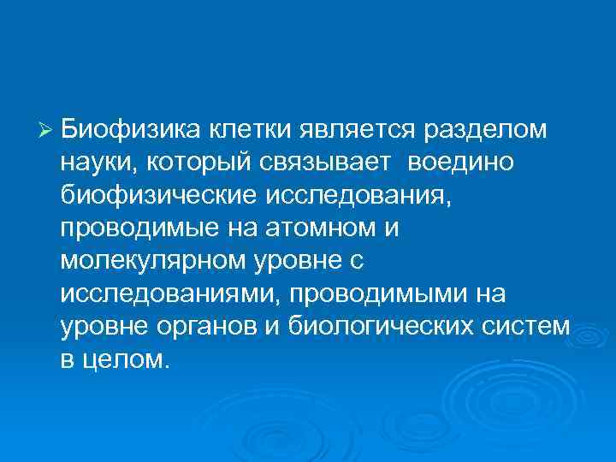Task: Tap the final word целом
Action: pos(127,359)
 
